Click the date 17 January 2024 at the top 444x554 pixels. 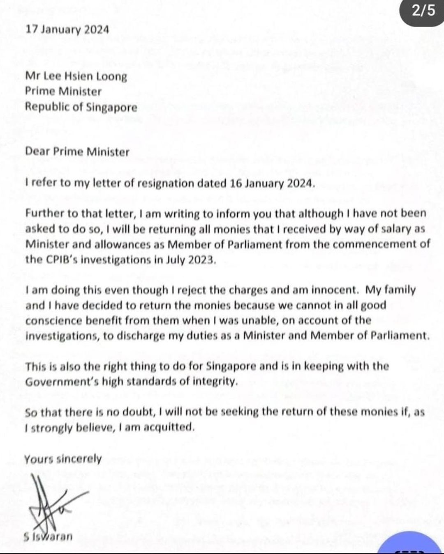[x=67, y=30]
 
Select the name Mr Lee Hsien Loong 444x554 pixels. [x=76, y=76]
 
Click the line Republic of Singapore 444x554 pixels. [x=81, y=107]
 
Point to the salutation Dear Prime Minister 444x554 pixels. [x=77, y=151]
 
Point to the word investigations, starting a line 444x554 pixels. [x=56, y=336]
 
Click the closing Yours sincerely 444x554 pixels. [x=63, y=458]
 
